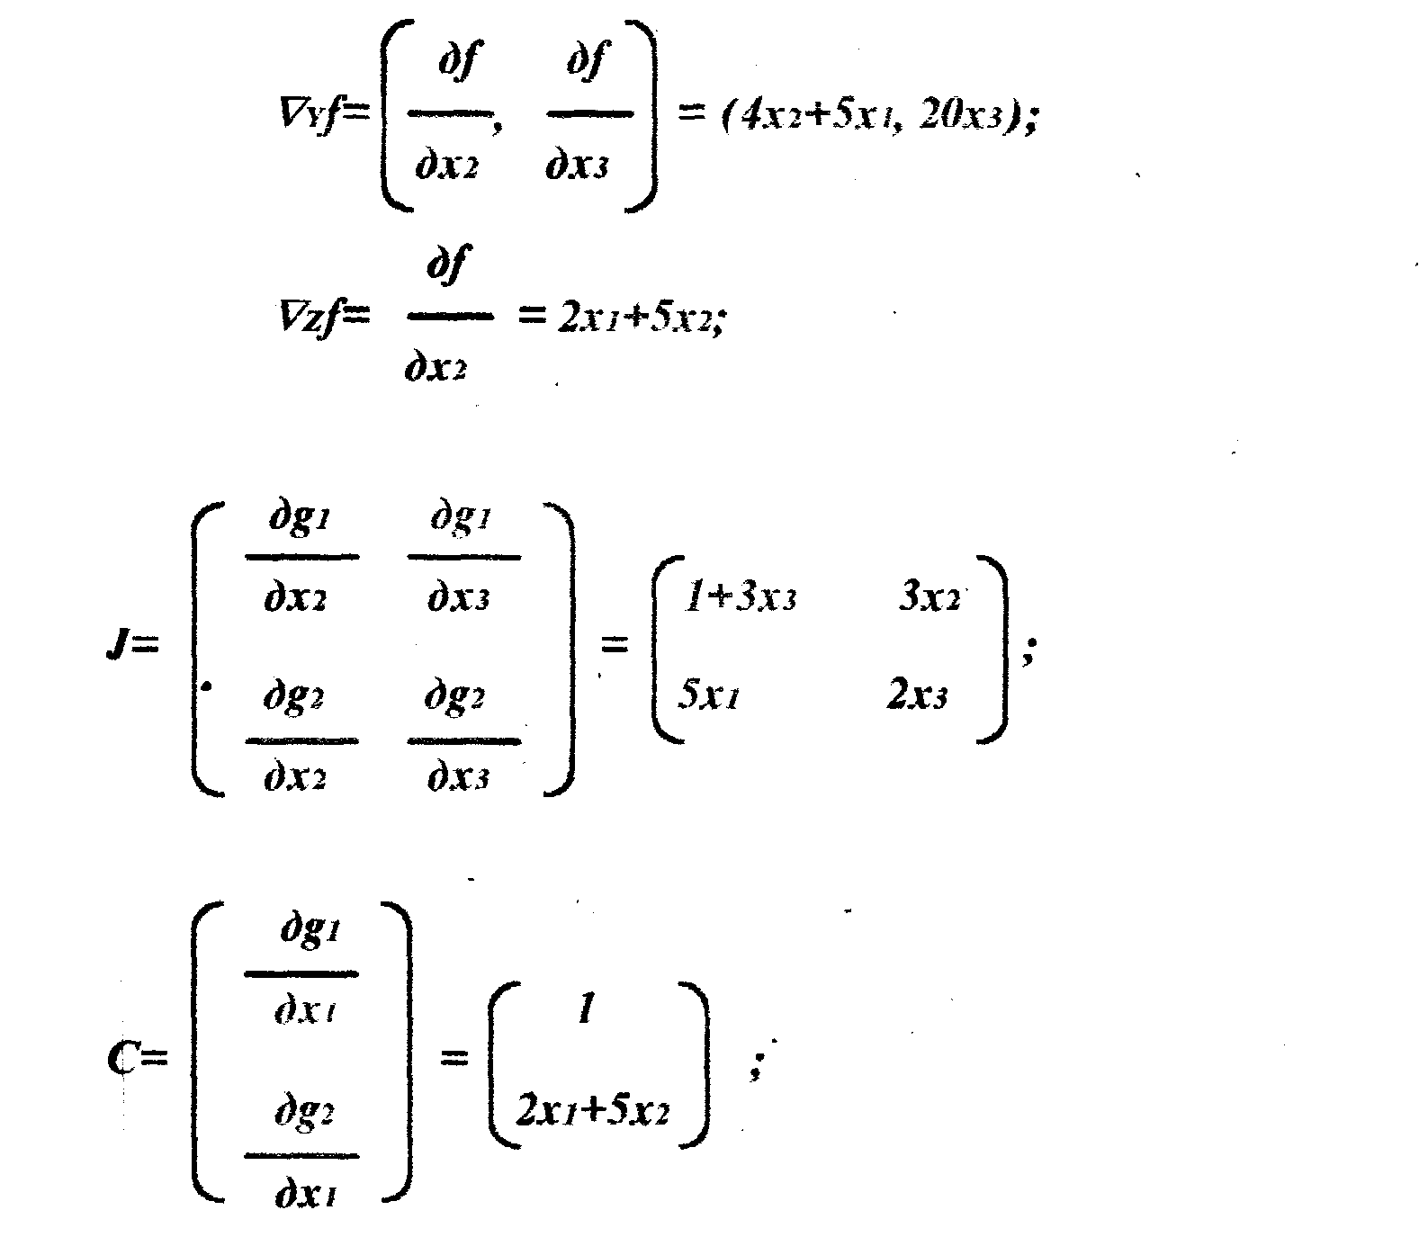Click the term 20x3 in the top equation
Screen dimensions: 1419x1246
point(961,118)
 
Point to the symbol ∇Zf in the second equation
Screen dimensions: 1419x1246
point(311,316)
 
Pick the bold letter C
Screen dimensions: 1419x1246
point(123,1058)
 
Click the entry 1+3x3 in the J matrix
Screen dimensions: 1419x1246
point(740,598)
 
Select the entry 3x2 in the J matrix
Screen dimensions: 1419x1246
point(929,598)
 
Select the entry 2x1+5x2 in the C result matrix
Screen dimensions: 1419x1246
point(593,1112)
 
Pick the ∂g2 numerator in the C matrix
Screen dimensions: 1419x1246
point(305,1113)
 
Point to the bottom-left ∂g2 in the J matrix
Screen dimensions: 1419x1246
point(293,698)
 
